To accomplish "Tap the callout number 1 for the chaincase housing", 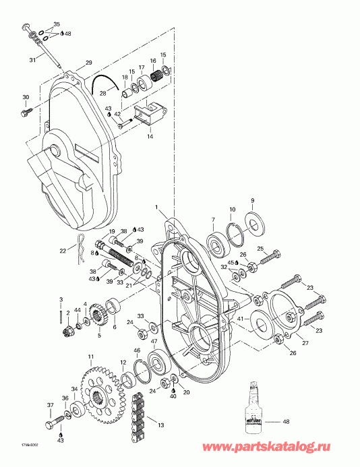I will pos(156,206).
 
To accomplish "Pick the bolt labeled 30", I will pos(25,113).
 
